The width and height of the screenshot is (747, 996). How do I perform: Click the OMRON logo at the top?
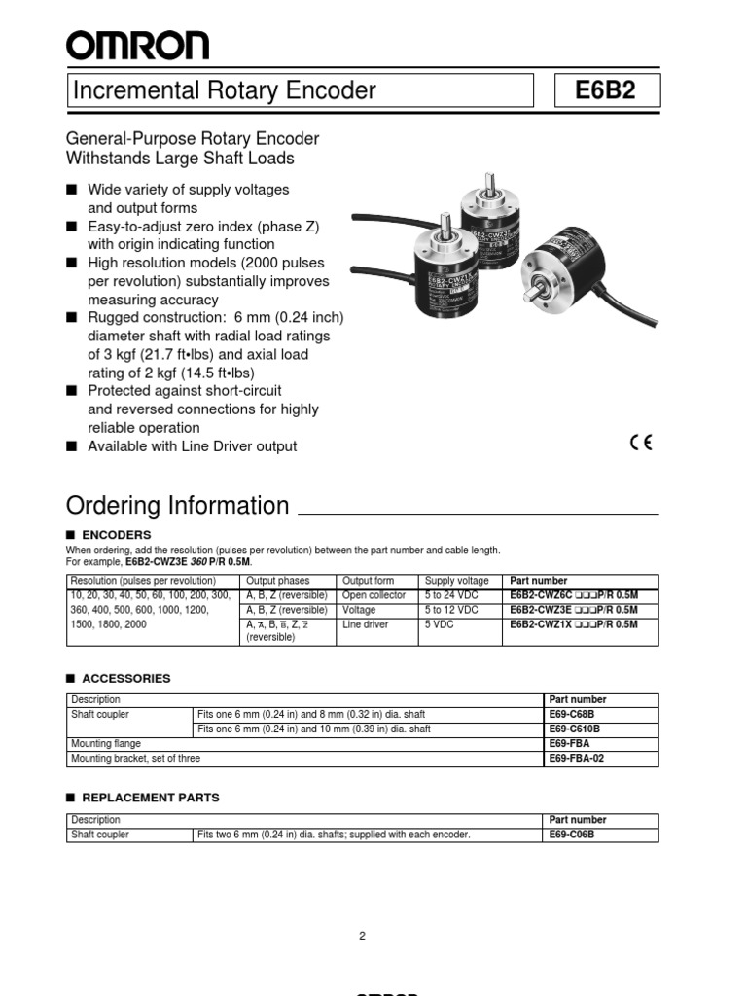pos(137,45)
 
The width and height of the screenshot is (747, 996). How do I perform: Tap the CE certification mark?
pos(641,443)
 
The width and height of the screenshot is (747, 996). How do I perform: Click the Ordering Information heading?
pos(177,506)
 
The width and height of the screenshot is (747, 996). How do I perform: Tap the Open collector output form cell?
pos(374,595)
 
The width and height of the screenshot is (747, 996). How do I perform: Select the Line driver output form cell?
pos(365,624)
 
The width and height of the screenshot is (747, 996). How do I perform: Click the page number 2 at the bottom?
pos(362,936)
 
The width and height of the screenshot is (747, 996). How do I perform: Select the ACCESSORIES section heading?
pos(125,678)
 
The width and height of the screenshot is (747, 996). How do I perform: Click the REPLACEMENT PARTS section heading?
pos(150,798)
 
